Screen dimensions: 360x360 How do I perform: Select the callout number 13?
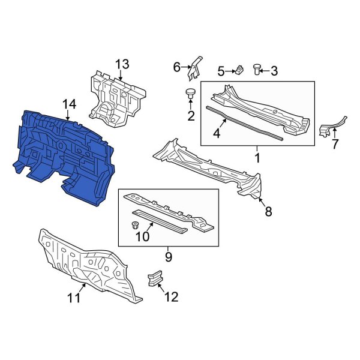point(122,64)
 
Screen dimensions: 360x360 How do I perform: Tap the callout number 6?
point(177,67)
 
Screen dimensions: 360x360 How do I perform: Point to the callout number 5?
point(221,71)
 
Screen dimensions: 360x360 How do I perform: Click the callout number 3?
point(274,71)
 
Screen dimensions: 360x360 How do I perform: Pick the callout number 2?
point(191,116)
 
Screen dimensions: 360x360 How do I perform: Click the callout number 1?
point(257,159)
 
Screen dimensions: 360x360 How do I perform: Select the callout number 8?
point(268,211)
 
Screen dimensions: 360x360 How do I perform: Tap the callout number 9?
point(169,257)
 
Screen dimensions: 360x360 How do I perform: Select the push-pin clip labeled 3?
point(258,69)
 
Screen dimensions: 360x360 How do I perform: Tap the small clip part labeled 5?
point(238,70)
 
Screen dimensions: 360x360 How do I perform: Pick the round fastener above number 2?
point(191,94)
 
